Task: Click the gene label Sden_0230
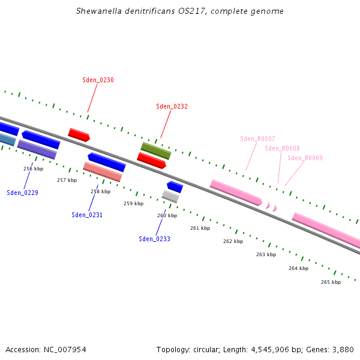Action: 98,80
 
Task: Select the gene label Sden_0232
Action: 172,106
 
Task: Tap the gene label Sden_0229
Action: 22,193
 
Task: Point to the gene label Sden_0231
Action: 87,215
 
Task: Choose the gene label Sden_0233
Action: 154,239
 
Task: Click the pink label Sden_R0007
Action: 257,139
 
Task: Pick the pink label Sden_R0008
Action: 282,148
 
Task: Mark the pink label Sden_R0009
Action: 305,158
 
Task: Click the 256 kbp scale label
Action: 34,169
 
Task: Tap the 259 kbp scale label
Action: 133,203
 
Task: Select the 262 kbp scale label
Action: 233,241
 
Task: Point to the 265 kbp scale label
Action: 331,282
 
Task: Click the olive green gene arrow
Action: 156,151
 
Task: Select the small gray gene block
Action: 170,196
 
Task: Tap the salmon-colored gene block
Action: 103,172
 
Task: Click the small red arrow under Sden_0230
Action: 79,135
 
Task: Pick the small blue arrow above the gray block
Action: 175,187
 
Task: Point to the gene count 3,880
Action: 341,349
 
